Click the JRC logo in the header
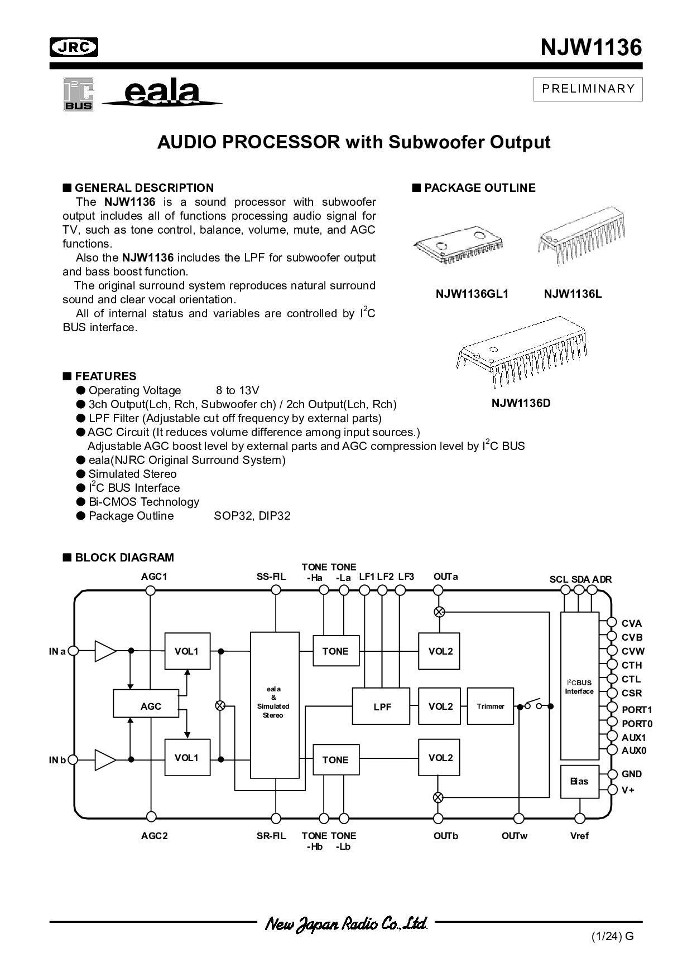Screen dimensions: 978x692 (x=73, y=47)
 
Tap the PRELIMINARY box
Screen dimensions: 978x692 (x=588, y=89)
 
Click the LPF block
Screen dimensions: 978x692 (x=382, y=706)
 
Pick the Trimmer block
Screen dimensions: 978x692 (x=491, y=706)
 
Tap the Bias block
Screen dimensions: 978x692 (x=579, y=781)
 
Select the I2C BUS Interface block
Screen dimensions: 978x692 (x=579, y=686)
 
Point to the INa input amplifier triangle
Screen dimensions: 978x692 (x=104, y=651)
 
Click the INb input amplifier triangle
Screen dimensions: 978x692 (x=104, y=759)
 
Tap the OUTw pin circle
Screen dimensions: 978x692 (x=519, y=818)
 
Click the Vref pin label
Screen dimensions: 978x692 (x=579, y=835)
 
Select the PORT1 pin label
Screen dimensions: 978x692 (x=637, y=710)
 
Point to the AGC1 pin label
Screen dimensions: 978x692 (x=154, y=577)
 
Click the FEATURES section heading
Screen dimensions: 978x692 (x=105, y=376)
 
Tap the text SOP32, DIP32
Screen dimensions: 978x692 (x=252, y=516)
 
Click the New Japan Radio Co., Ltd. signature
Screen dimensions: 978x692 (x=345, y=923)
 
